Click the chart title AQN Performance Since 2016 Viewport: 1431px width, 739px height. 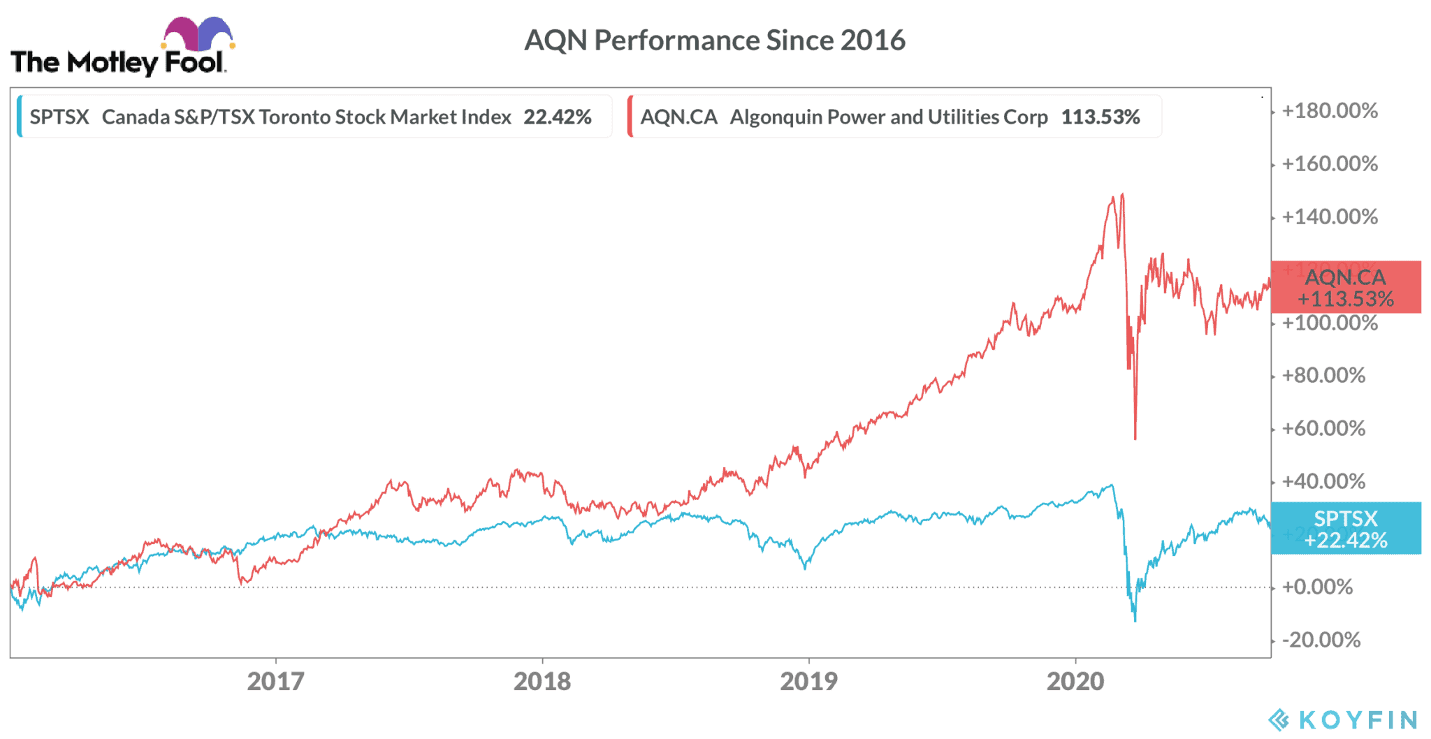pos(714,41)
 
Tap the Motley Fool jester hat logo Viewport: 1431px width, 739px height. pos(198,34)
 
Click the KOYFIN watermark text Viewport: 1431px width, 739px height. pos(1358,719)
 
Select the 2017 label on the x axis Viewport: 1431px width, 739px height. pos(275,681)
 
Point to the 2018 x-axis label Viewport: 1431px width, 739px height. pos(542,681)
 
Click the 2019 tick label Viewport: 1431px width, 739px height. pos(808,681)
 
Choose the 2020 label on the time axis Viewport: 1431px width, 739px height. pos(1075,681)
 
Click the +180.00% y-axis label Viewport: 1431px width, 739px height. pos(1330,111)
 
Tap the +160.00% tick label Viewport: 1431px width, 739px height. pos(1330,164)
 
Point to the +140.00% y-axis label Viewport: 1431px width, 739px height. pos(1330,217)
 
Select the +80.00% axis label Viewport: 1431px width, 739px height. pos(1323,376)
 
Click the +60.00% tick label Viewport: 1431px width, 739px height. pos(1323,428)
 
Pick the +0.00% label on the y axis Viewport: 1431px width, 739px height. pos(1317,587)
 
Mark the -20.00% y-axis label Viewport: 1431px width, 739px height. pos(1321,640)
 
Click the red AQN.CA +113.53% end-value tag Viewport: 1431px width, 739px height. pos(1346,287)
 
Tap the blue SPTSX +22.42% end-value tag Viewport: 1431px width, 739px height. pos(1346,529)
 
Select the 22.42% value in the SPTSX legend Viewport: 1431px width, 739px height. pos(558,117)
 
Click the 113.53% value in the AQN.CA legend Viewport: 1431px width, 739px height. pos(1101,117)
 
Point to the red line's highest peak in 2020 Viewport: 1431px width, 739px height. pos(1122,195)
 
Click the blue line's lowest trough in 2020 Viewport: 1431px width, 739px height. pos(1135,620)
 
